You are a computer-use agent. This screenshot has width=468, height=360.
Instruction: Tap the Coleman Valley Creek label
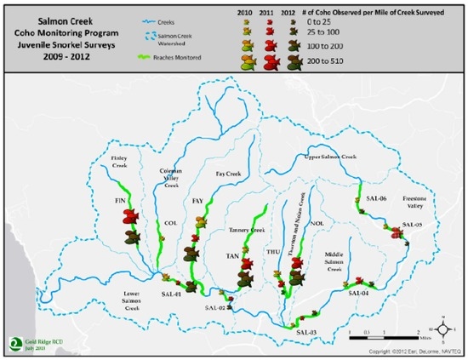click(x=174, y=176)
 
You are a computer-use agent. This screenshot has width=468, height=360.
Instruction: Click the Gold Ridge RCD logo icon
click(x=14, y=341)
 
